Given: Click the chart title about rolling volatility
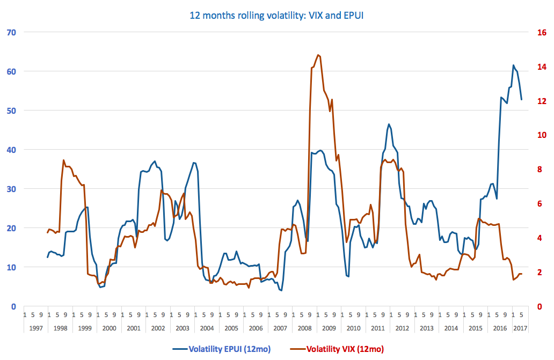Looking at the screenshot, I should [277, 15].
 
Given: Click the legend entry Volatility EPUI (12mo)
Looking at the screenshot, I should [229, 349].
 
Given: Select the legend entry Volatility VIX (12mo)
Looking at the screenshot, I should [345, 349].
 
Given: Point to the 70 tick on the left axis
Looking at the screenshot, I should [11, 32].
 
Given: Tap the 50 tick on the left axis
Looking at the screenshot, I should [11, 111].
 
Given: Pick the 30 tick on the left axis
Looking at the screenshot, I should [11, 189].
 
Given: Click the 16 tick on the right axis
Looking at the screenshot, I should [542, 32].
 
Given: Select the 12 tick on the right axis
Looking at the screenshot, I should [542, 101].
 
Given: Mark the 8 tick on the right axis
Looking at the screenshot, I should [542, 170].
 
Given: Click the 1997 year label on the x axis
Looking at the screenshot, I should [36, 328].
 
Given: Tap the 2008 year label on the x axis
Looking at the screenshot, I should [304, 328].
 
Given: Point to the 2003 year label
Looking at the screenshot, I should [183, 328].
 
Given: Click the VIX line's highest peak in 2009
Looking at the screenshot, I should [318, 55].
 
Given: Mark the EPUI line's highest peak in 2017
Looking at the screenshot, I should [513, 65].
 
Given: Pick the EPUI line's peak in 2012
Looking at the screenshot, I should [389, 124].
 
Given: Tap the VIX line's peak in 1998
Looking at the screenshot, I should [64, 160].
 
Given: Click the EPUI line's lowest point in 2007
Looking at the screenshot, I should [281, 290].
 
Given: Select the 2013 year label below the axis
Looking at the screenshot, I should [426, 328].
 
